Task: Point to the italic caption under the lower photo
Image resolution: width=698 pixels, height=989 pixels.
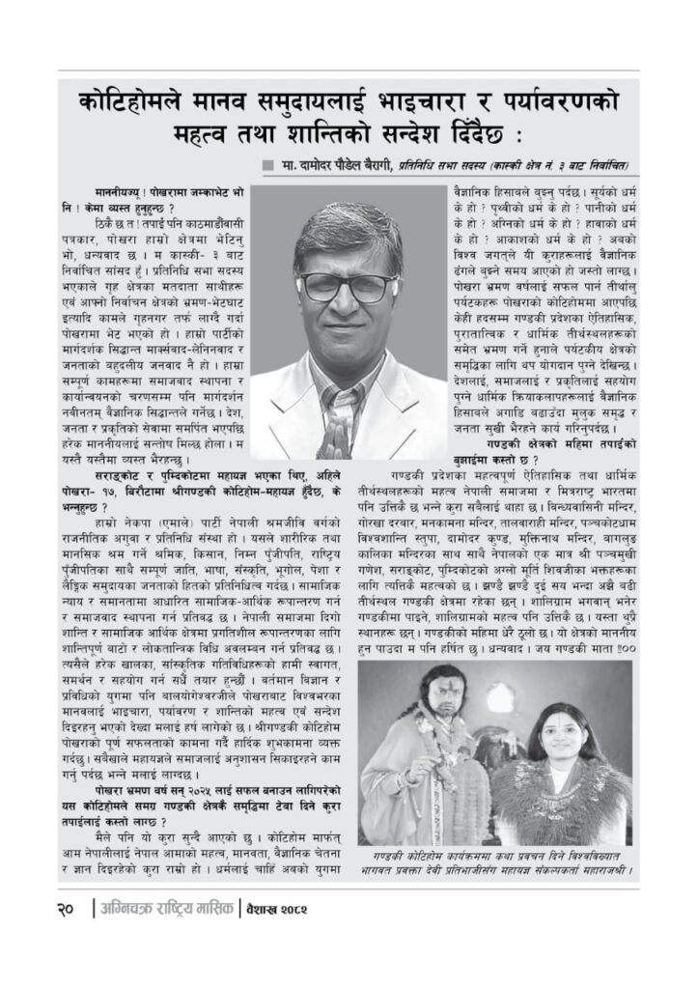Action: [x=494, y=862]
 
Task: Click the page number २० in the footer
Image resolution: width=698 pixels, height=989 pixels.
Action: [x=69, y=910]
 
